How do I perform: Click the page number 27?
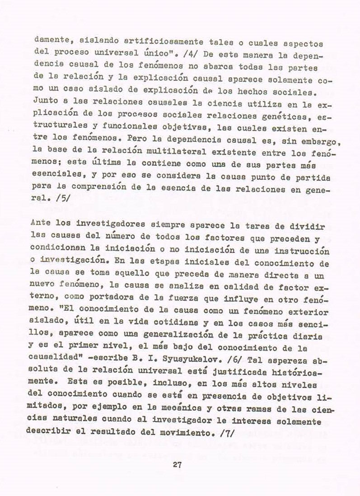[177, 465]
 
